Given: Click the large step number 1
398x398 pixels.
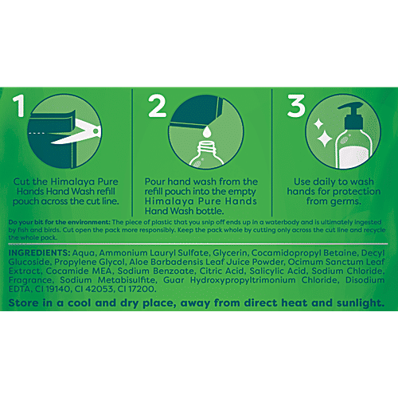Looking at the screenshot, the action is coord(19,106).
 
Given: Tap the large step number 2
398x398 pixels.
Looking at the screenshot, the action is coord(157,106).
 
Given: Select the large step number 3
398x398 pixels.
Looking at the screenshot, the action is coord(296,106).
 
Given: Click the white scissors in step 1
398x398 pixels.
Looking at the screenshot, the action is coord(77,132).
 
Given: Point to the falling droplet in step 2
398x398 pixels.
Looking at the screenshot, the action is coord(207,131).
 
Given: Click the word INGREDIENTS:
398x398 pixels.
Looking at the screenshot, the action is coord(39,252).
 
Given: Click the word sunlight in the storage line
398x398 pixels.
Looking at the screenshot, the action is coord(361,303).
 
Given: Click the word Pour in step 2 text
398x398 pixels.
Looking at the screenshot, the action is coord(154,181).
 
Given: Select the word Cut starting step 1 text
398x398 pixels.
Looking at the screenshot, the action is coord(21,181).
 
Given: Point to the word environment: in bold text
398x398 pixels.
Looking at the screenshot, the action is coord(88,222).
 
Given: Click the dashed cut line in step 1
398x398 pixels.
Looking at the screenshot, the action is coord(37,133).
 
